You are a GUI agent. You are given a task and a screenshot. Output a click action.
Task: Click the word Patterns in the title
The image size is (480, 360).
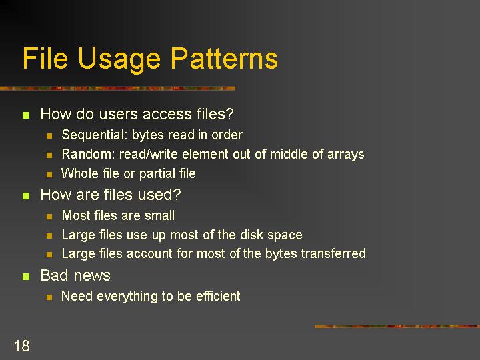(x=224, y=58)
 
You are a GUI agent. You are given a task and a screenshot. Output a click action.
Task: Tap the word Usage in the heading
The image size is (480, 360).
(x=119, y=60)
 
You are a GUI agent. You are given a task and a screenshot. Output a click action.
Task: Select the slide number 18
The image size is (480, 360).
(x=22, y=346)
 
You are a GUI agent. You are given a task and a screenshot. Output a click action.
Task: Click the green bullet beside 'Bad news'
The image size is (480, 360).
(x=26, y=277)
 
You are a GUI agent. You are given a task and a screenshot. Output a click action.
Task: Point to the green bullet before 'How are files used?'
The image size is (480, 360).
(x=26, y=196)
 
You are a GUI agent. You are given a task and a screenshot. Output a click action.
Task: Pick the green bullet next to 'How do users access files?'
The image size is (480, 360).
(x=26, y=115)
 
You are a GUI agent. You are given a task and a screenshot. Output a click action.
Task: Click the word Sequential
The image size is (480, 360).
(x=95, y=135)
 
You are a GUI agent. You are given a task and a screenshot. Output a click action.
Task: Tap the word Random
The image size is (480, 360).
(x=88, y=154)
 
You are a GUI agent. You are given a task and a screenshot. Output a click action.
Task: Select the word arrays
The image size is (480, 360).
(x=346, y=155)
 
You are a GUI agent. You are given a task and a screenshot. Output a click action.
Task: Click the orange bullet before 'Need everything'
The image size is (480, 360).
(x=49, y=297)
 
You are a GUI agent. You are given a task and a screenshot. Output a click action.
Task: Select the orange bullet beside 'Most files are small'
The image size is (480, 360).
(x=49, y=217)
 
